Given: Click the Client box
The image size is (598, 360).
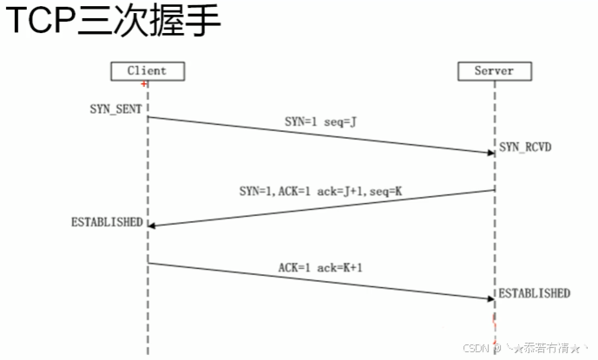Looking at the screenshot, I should [146, 69].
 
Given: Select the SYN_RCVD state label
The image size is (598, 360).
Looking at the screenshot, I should [525, 147].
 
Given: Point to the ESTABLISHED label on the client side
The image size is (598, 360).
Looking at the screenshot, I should [107, 222].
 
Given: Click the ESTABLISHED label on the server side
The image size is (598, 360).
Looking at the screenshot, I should [534, 293].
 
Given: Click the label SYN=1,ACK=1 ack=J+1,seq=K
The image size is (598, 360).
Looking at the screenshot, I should [320, 190].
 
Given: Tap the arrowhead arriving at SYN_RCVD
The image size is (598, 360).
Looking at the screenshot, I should [490, 152].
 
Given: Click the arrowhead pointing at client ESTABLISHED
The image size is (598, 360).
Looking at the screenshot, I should [153, 225].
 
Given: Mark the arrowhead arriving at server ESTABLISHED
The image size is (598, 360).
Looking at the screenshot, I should [490, 298].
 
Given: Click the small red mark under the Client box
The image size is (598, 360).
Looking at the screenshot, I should [143, 84].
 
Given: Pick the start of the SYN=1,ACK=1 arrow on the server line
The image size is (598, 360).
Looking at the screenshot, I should [494, 189].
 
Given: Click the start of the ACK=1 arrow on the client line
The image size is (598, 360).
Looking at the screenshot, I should [148, 262].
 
